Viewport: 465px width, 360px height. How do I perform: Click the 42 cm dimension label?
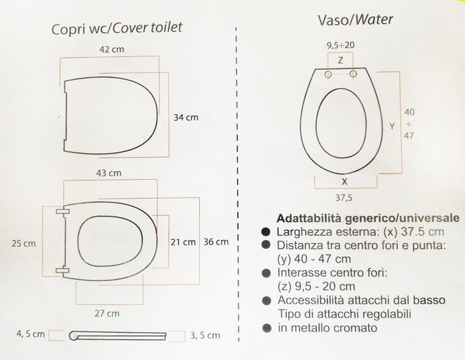pyautogui.click(x=110, y=49)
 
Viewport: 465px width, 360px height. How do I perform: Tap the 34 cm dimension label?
pyautogui.click(x=187, y=118)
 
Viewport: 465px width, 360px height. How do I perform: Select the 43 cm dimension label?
pyautogui.click(x=110, y=173)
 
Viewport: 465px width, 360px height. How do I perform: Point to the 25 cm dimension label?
pyautogui.click(x=24, y=244)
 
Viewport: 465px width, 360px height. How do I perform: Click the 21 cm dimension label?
pyautogui.click(x=183, y=241)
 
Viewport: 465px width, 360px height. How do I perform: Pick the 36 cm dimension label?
pyautogui.click(x=216, y=241)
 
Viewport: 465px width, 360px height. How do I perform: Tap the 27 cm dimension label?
pyautogui.click(x=108, y=312)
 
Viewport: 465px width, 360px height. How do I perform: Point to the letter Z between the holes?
pyautogui.click(x=341, y=60)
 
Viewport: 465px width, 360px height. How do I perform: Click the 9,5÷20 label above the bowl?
pyautogui.click(x=341, y=45)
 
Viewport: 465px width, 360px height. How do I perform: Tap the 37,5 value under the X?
pyautogui.click(x=343, y=197)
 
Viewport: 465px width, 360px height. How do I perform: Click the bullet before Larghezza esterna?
pyautogui.click(x=266, y=232)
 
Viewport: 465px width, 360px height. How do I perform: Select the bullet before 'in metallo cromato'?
pyautogui.click(x=266, y=327)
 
